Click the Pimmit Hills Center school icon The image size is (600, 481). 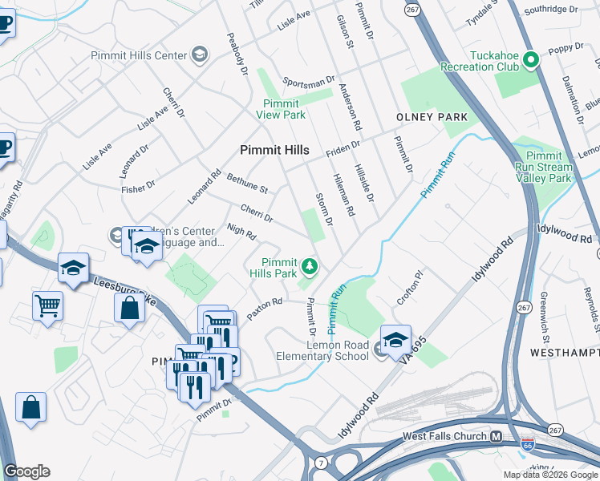click(200, 55)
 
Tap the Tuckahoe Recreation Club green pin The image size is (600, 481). click(529, 60)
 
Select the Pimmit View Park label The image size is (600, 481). click(281, 109)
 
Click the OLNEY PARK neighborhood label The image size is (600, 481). click(432, 117)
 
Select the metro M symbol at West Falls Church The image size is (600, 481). click(496, 436)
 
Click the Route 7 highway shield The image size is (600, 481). click(321, 463)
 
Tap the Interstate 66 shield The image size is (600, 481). click(526, 443)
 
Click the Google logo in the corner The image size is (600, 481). click(26, 471)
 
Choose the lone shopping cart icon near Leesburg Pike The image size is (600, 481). click(47, 305)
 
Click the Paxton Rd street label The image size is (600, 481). click(265, 309)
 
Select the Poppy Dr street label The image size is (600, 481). click(566, 50)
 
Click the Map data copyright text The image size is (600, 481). click(550, 475)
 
